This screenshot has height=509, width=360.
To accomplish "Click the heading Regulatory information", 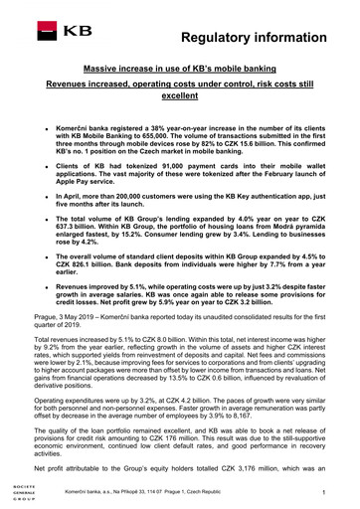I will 261,37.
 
